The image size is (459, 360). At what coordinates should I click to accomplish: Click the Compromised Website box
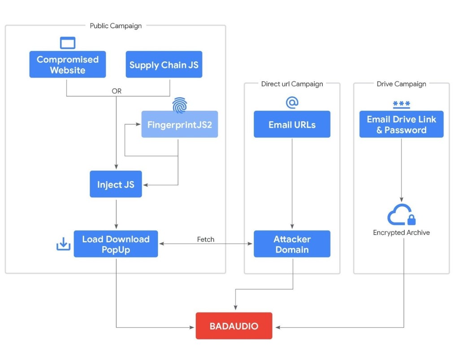[68, 65]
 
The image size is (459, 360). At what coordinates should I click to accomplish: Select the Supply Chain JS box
[164, 65]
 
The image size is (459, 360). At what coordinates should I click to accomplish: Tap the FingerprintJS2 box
[179, 124]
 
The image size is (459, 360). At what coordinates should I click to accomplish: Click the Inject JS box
[116, 184]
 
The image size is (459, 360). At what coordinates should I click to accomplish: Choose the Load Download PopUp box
[116, 244]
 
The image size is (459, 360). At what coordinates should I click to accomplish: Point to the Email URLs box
[292, 124]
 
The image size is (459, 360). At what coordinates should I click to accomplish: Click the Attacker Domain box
[292, 244]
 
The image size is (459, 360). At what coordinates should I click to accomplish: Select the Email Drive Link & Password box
[401, 124]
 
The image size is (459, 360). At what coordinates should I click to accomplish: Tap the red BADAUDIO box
[234, 326]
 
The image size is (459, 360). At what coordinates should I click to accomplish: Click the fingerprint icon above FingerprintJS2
[180, 104]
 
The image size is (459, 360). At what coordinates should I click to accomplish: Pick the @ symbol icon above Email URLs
[292, 103]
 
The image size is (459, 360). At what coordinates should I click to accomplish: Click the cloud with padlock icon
[401, 215]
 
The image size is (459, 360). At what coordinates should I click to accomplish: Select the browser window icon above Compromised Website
[68, 43]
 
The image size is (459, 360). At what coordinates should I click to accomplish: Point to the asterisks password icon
[401, 104]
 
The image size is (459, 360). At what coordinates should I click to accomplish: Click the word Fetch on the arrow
[206, 239]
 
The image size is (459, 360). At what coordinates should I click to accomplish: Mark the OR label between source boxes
[117, 91]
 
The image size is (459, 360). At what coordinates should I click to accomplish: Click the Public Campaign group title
[116, 26]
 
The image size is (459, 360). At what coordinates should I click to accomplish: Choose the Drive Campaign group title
[401, 84]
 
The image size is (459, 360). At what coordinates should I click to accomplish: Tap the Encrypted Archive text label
[401, 233]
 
